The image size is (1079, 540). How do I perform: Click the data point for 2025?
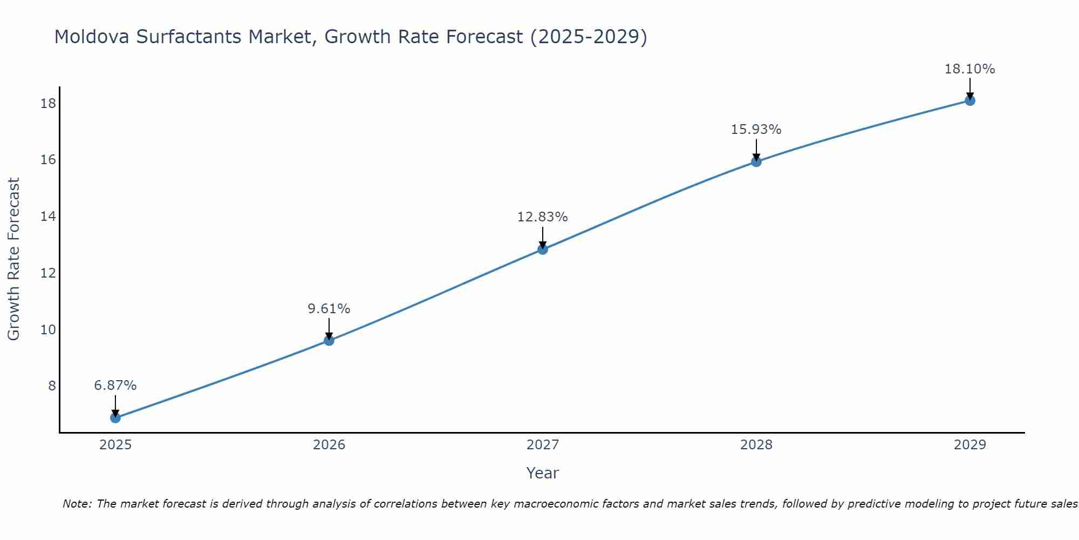(115, 417)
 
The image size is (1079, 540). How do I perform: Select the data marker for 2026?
(329, 340)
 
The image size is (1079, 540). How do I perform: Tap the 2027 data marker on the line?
(542, 249)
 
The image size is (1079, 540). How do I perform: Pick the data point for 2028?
(756, 161)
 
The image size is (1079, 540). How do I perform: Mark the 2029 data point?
(969, 100)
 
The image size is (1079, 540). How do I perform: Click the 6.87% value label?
(115, 386)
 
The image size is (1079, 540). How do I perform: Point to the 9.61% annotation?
(329, 309)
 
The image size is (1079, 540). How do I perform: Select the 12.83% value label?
(542, 217)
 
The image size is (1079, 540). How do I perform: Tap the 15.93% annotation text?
(756, 130)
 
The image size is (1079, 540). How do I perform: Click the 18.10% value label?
(969, 69)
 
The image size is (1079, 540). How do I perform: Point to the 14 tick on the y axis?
(48, 217)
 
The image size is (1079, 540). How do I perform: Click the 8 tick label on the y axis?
(52, 386)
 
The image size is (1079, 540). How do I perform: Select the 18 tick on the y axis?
(48, 103)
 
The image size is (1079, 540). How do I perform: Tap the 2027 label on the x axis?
(542, 445)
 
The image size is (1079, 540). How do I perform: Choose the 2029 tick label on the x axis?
(969, 445)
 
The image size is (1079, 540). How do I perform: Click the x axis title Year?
(542, 473)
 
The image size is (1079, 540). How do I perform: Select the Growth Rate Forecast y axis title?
(13, 259)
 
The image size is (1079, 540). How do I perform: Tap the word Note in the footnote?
(78, 504)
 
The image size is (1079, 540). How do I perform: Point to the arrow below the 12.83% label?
(542, 238)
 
